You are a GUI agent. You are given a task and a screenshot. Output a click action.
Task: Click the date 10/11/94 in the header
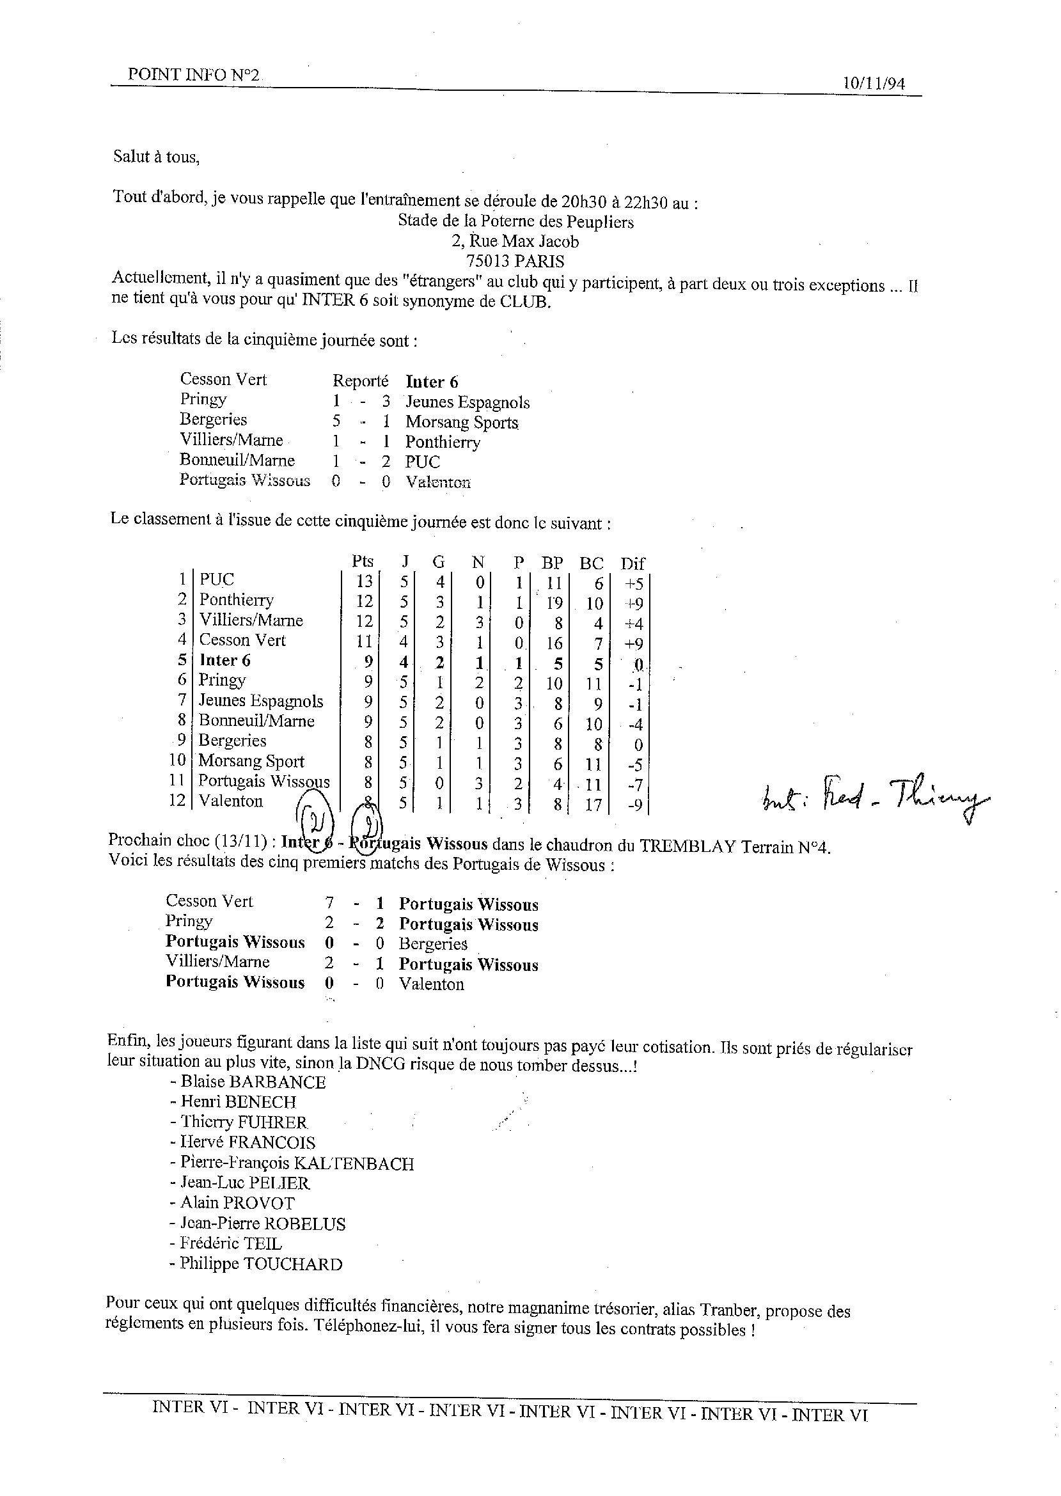874,84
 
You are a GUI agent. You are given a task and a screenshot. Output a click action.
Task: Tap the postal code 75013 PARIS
515,262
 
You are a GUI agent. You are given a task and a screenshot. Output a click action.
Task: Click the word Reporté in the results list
361,381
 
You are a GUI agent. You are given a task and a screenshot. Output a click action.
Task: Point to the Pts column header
363,562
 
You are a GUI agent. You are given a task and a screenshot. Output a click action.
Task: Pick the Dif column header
633,563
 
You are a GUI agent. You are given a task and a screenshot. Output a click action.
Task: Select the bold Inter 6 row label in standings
224,661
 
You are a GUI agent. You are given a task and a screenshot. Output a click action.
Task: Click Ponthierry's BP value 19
554,602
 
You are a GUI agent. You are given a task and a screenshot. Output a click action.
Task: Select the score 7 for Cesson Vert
329,903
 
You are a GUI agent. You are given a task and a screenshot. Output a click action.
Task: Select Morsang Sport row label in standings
251,761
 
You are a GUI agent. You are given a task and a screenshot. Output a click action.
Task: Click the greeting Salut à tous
156,157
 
